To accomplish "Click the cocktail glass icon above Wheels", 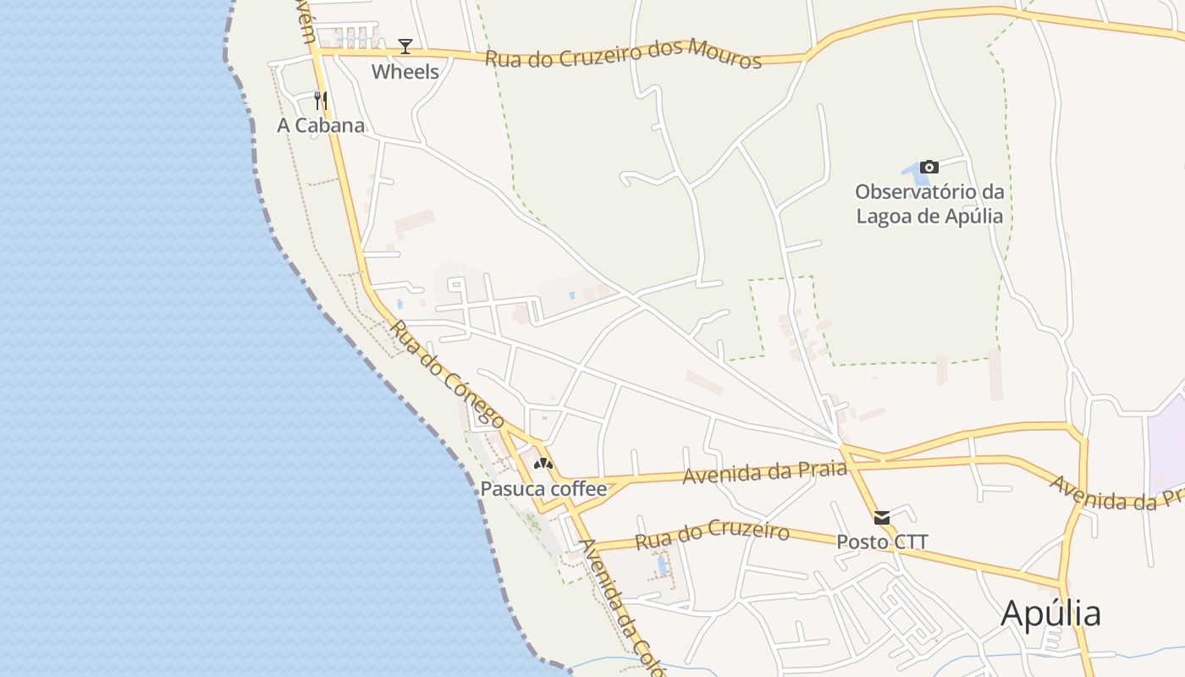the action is [405, 46].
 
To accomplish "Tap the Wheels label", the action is [405, 72].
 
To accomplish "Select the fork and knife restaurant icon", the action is [321, 101].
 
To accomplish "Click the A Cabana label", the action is [321, 126].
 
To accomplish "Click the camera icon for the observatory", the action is [929, 167].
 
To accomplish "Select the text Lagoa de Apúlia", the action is [929, 216].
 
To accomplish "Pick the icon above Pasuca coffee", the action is [543, 464].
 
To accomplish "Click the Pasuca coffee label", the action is [543, 488].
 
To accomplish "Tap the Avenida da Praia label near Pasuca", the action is [765, 471].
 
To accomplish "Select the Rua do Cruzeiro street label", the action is [712, 536].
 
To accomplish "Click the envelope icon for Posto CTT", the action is [882, 518].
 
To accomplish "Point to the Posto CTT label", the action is [882, 542].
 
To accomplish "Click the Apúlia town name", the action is [1050, 614].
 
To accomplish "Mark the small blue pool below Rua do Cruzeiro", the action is [662, 564].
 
